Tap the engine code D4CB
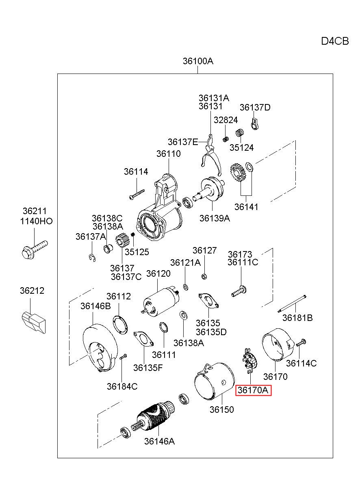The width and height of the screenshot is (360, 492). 335,41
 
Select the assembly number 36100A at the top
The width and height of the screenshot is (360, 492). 198,61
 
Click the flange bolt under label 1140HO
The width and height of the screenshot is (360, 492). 35,250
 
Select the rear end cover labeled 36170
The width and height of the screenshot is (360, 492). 278,345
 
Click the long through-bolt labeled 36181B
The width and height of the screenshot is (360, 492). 292,304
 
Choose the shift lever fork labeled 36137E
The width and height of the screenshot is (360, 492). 211,155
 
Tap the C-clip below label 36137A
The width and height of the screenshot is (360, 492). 92,258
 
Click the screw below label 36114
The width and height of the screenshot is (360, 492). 137,195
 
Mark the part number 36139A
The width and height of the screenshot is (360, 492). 215,218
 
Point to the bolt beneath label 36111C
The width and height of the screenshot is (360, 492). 239,291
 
